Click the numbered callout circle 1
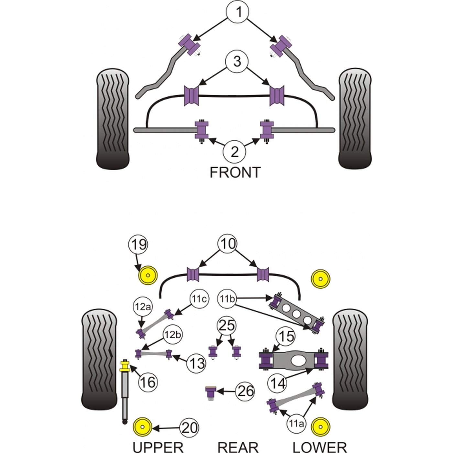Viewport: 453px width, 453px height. point(238,12)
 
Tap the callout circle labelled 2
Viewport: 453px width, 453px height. point(234,152)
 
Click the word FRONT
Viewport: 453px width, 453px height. point(235,172)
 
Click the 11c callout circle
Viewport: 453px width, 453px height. point(199,299)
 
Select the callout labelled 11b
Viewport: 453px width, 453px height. point(227,299)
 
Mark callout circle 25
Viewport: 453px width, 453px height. point(226,326)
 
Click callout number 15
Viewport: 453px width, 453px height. point(286,336)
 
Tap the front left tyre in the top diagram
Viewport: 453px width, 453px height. point(113,118)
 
